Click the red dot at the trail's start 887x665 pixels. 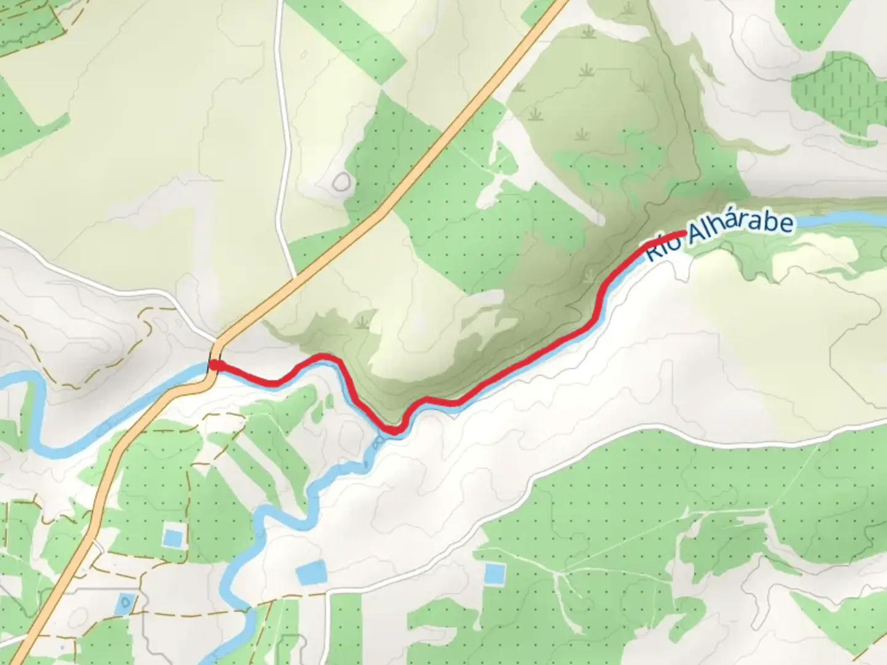tap(214, 365)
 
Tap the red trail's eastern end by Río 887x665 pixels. tap(684, 233)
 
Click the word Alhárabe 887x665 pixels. tap(739, 229)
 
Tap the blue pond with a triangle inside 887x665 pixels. tap(126, 602)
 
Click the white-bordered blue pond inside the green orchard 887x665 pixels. tap(172, 536)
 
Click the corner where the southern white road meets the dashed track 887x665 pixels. tap(327, 594)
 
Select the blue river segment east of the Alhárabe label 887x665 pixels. tap(844, 219)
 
